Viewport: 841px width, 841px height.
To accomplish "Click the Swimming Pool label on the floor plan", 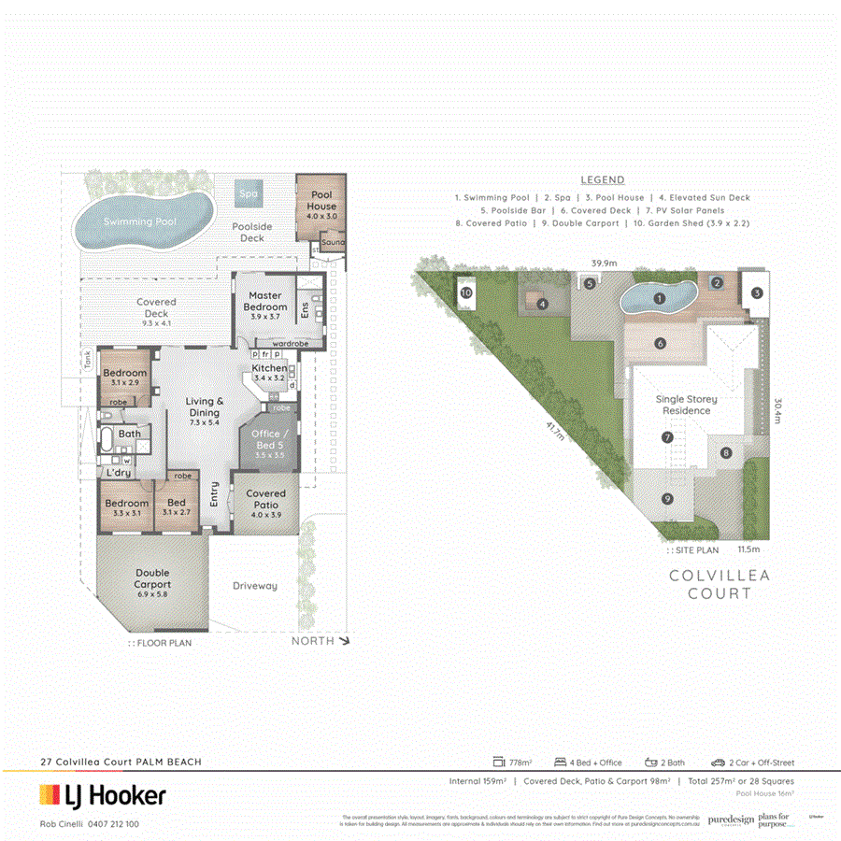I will coord(140,221).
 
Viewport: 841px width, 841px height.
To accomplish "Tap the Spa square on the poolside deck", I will coord(249,194).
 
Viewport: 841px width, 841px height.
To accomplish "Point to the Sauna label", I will coord(333,243).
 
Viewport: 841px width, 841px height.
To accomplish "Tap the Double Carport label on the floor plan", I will coord(151,578).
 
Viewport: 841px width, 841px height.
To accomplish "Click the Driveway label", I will coord(255,586).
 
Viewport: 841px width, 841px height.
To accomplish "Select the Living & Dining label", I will coord(203,406).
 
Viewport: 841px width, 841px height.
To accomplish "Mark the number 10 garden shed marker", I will coord(466,292).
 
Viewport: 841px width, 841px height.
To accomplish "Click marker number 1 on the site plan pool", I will coord(659,299).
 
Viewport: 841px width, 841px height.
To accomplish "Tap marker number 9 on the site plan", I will coord(667,499).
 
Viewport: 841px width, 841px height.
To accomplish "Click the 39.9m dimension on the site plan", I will coord(604,264).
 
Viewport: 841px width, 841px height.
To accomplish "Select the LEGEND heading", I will coord(603,180).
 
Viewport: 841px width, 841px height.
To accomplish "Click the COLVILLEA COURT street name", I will coord(720,584).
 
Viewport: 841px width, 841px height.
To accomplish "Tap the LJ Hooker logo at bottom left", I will coord(103,795).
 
